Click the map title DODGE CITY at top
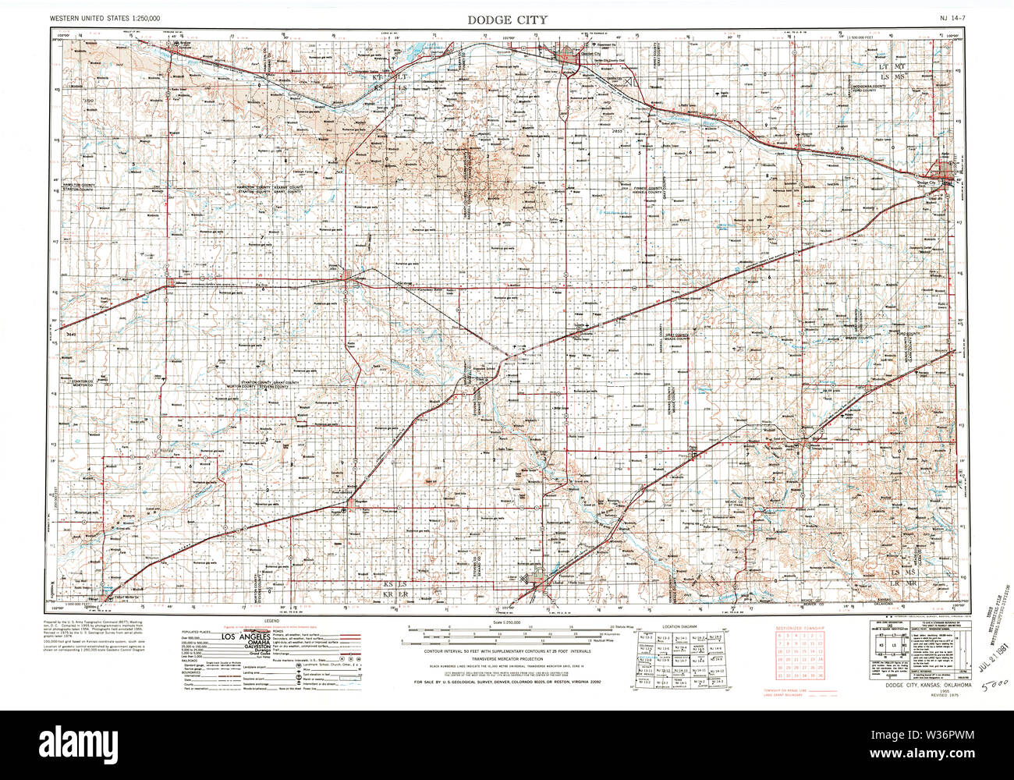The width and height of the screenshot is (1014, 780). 507,19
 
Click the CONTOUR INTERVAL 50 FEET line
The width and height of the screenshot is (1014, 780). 507,651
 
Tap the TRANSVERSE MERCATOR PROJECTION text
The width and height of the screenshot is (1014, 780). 507,658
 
